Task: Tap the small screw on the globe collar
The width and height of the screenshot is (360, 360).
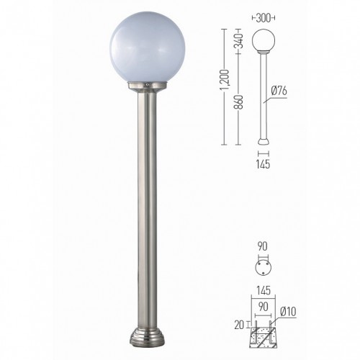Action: [148, 84]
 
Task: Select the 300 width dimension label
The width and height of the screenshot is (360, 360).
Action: [264, 18]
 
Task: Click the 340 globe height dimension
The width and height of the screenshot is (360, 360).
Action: [239, 40]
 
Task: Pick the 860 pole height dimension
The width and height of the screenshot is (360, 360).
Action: [239, 102]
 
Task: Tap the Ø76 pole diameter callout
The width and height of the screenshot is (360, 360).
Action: [279, 91]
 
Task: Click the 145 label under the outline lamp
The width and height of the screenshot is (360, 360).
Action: [263, 164]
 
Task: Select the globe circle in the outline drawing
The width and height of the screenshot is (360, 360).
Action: [264, 40]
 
